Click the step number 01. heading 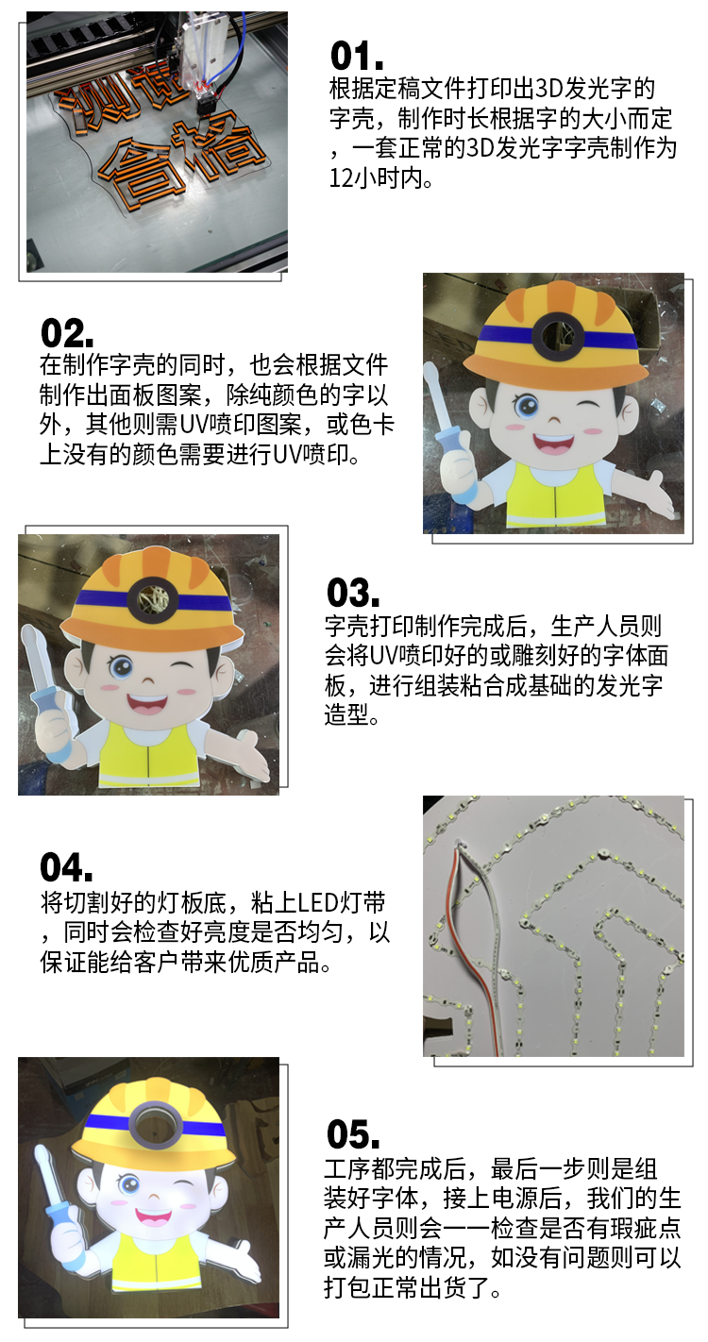click(356, 56)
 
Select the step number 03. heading click(352, 593)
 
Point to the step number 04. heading click(66, 867)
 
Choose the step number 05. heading click(352, 1134)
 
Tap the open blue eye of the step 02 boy click(526, 406)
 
